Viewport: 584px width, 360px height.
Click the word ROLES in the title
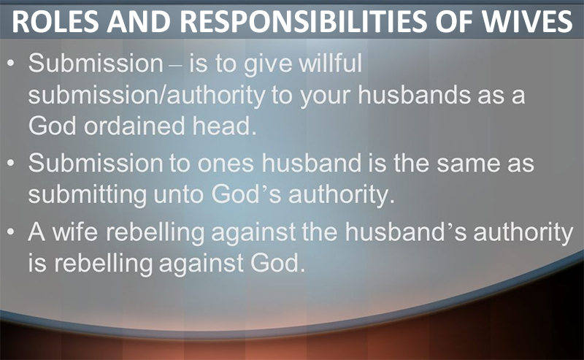[55, 21]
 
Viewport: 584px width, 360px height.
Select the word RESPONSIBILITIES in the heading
[304, 21]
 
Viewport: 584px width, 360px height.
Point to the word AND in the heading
[139, 21]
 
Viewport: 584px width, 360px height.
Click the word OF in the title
[454, 21]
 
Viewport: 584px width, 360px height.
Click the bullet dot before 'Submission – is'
[11, 63]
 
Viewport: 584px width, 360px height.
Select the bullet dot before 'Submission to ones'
[11, 163]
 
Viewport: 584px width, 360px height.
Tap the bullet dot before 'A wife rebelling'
[11, 231]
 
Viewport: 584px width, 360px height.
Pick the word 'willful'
[331, 63]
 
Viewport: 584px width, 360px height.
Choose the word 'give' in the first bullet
[268, 64]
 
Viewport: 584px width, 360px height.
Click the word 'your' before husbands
[325, 96]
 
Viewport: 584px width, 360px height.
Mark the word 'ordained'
[134, 125]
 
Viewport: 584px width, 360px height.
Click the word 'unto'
[178, 195]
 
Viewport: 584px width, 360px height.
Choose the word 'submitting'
[87, 196]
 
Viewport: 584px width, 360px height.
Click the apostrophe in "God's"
[264, 189]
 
